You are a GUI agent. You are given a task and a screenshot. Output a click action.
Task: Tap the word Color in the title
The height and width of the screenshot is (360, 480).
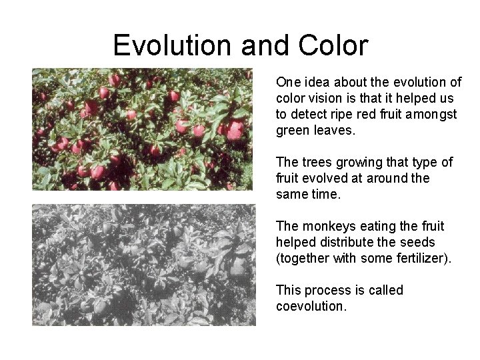[x=333, y=45]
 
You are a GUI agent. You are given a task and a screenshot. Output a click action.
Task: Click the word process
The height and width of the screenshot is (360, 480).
[x=329, y=290]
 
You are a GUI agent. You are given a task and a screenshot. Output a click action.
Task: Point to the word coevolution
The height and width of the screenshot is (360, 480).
[x=310, y=306]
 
